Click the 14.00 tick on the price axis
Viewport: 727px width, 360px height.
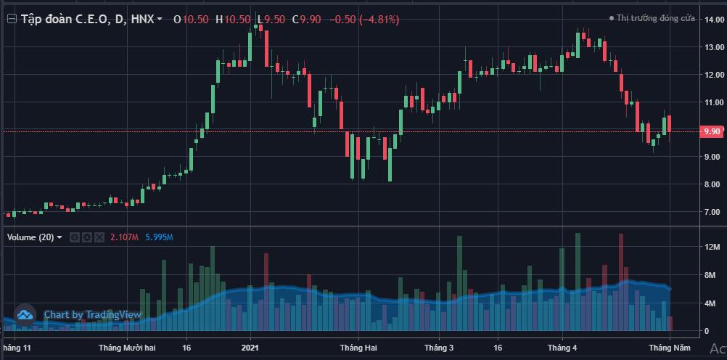[712, 20]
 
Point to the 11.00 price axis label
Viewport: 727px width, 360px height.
[712, 102]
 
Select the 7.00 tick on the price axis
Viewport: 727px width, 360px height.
[712, 212]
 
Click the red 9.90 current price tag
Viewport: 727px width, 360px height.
[712, 131]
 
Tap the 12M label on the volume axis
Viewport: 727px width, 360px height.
[712, 248]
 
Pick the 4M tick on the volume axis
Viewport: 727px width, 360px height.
[712, 303]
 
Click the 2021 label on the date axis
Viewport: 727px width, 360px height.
[251, 348]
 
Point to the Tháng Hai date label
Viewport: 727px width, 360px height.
[358, 348]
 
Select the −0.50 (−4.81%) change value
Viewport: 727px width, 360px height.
[364, 20]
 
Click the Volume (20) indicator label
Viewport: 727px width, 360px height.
[30, 237]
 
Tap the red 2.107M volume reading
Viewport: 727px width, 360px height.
[125, 237]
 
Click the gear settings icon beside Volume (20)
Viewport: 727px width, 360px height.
[86, 237]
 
